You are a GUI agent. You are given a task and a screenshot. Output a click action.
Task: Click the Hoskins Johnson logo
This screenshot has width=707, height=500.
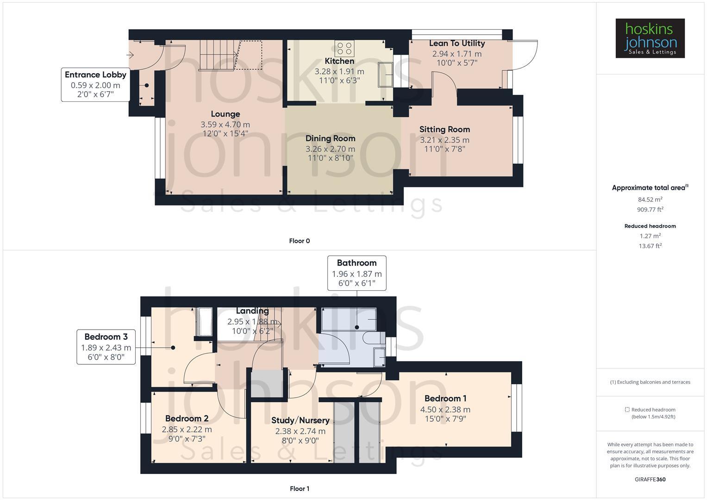(650, 38)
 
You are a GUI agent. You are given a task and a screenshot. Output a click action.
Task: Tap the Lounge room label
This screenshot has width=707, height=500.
(225, 114)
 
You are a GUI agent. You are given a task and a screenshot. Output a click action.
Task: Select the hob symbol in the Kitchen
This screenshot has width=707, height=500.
(344, 48)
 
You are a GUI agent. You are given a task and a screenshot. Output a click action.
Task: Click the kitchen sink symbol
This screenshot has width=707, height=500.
(385, 74)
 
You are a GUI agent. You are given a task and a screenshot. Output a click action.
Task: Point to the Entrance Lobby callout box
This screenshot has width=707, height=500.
(95, 84)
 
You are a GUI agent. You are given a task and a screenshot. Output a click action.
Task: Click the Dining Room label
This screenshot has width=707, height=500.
(330, 138)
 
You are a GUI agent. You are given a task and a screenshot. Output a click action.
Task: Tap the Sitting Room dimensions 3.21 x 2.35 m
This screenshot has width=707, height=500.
(444, 140)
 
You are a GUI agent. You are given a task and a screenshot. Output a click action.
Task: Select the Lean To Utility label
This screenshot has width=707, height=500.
(457, 44)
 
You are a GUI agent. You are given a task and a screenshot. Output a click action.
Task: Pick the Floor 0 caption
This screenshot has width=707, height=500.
(300, 241)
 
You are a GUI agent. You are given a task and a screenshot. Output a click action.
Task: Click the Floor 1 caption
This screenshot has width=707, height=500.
(300, 488)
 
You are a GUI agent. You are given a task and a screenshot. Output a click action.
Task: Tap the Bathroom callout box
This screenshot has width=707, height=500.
(357, 273)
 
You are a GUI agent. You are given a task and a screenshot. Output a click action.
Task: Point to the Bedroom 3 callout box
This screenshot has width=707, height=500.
(106, 347)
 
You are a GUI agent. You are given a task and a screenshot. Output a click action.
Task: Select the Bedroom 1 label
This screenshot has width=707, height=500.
(445, 398)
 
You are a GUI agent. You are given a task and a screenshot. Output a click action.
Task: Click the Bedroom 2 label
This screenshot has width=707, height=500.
(187, 419)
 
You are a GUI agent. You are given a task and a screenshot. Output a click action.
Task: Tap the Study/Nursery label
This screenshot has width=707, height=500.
(300, 420)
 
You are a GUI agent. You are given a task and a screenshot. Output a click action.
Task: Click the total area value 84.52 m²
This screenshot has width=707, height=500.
(650, 200)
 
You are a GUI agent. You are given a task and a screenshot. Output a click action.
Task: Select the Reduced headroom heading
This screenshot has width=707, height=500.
(650, 226)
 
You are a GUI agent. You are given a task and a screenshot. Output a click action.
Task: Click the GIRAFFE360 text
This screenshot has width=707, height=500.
(650, 479)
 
